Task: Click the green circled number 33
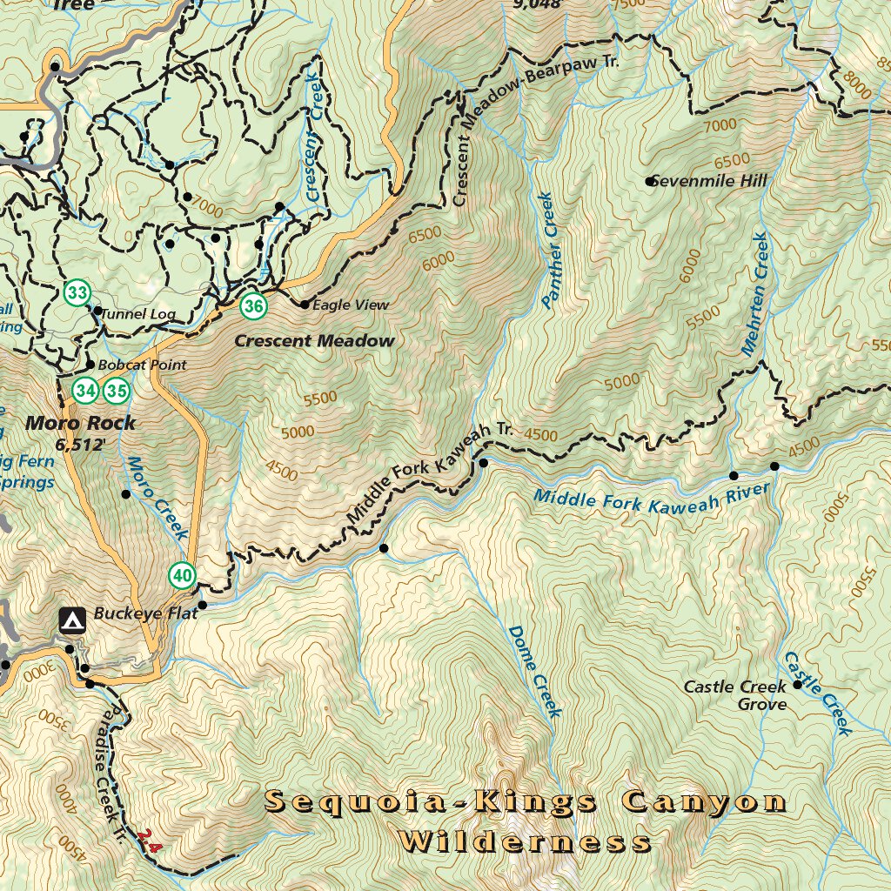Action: click(x=77, y=293)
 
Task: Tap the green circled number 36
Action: click(x=253, y=305)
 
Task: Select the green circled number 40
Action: click(x=182, y=574)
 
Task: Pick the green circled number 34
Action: click(x=85, y=391)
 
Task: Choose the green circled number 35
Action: click(x=116, y=391)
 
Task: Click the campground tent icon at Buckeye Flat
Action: click(x=71, y=620)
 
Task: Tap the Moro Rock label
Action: click(x=81, y=424)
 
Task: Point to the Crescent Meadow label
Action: click(x=314, y=341)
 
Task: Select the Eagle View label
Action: click(x=350, y=305)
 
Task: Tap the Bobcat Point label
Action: click(x=141, y=365)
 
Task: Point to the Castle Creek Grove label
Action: click(x=735, y=694)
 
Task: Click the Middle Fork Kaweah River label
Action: click(x=652, y=499)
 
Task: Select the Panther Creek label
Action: click(x=548, y=251)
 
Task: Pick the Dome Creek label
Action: click(x=534, y=671)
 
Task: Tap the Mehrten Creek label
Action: click(x=754, y=294)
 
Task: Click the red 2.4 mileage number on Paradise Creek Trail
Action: click(x=149, y=841)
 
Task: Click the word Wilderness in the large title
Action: click(x=525, y=841)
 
